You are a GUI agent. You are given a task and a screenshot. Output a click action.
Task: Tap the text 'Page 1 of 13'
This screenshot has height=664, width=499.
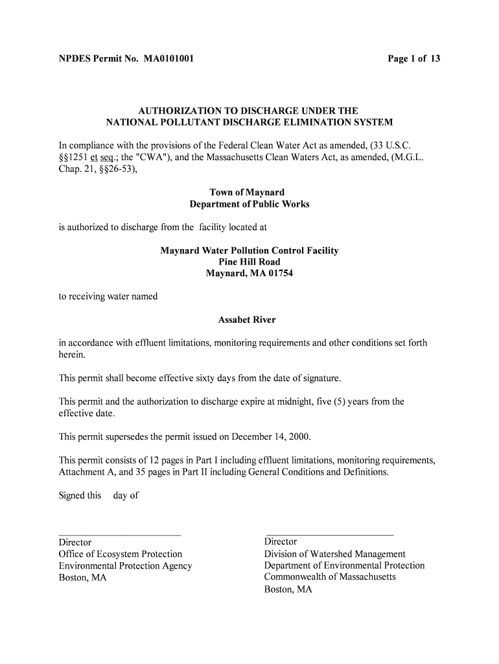[414, 59]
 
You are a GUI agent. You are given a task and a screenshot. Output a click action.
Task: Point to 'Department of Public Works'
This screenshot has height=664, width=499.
[250, 204]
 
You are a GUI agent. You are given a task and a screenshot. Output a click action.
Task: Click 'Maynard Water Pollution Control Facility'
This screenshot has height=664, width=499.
[250, 250]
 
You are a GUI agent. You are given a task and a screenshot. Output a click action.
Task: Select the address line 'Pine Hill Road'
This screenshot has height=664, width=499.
[250, 262]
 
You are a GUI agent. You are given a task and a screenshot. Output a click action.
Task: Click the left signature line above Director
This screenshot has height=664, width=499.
[120, 535]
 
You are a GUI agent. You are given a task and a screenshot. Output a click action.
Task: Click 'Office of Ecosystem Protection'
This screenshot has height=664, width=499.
[121, 554]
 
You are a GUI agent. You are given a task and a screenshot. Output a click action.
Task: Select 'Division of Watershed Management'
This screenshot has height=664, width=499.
[334, 554]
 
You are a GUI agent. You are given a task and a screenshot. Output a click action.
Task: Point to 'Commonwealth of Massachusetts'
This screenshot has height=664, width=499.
[329, 576]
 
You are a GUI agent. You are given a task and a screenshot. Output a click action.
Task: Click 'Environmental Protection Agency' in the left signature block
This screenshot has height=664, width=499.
[126, 565]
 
